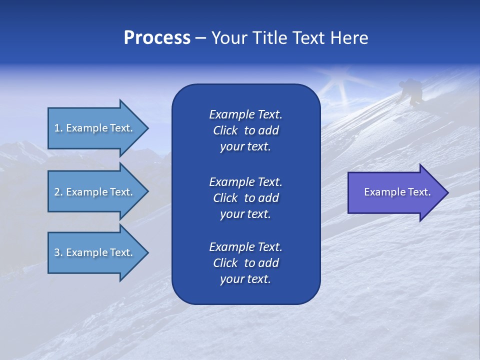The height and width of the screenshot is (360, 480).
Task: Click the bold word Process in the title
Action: [157, 38]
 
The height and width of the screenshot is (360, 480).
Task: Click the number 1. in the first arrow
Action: [58, 128]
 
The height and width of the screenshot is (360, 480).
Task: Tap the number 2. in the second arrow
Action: [58, 192]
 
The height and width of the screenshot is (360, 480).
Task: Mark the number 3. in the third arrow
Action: [58, 252]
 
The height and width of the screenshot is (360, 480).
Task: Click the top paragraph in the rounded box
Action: [245, 130]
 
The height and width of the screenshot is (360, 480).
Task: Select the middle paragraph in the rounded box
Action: [245, 198]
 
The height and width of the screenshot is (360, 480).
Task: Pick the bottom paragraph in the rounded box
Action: [245, 263]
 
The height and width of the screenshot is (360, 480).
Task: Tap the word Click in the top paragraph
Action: [225, 130]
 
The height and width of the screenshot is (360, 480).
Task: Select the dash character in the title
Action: [201, 38]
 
